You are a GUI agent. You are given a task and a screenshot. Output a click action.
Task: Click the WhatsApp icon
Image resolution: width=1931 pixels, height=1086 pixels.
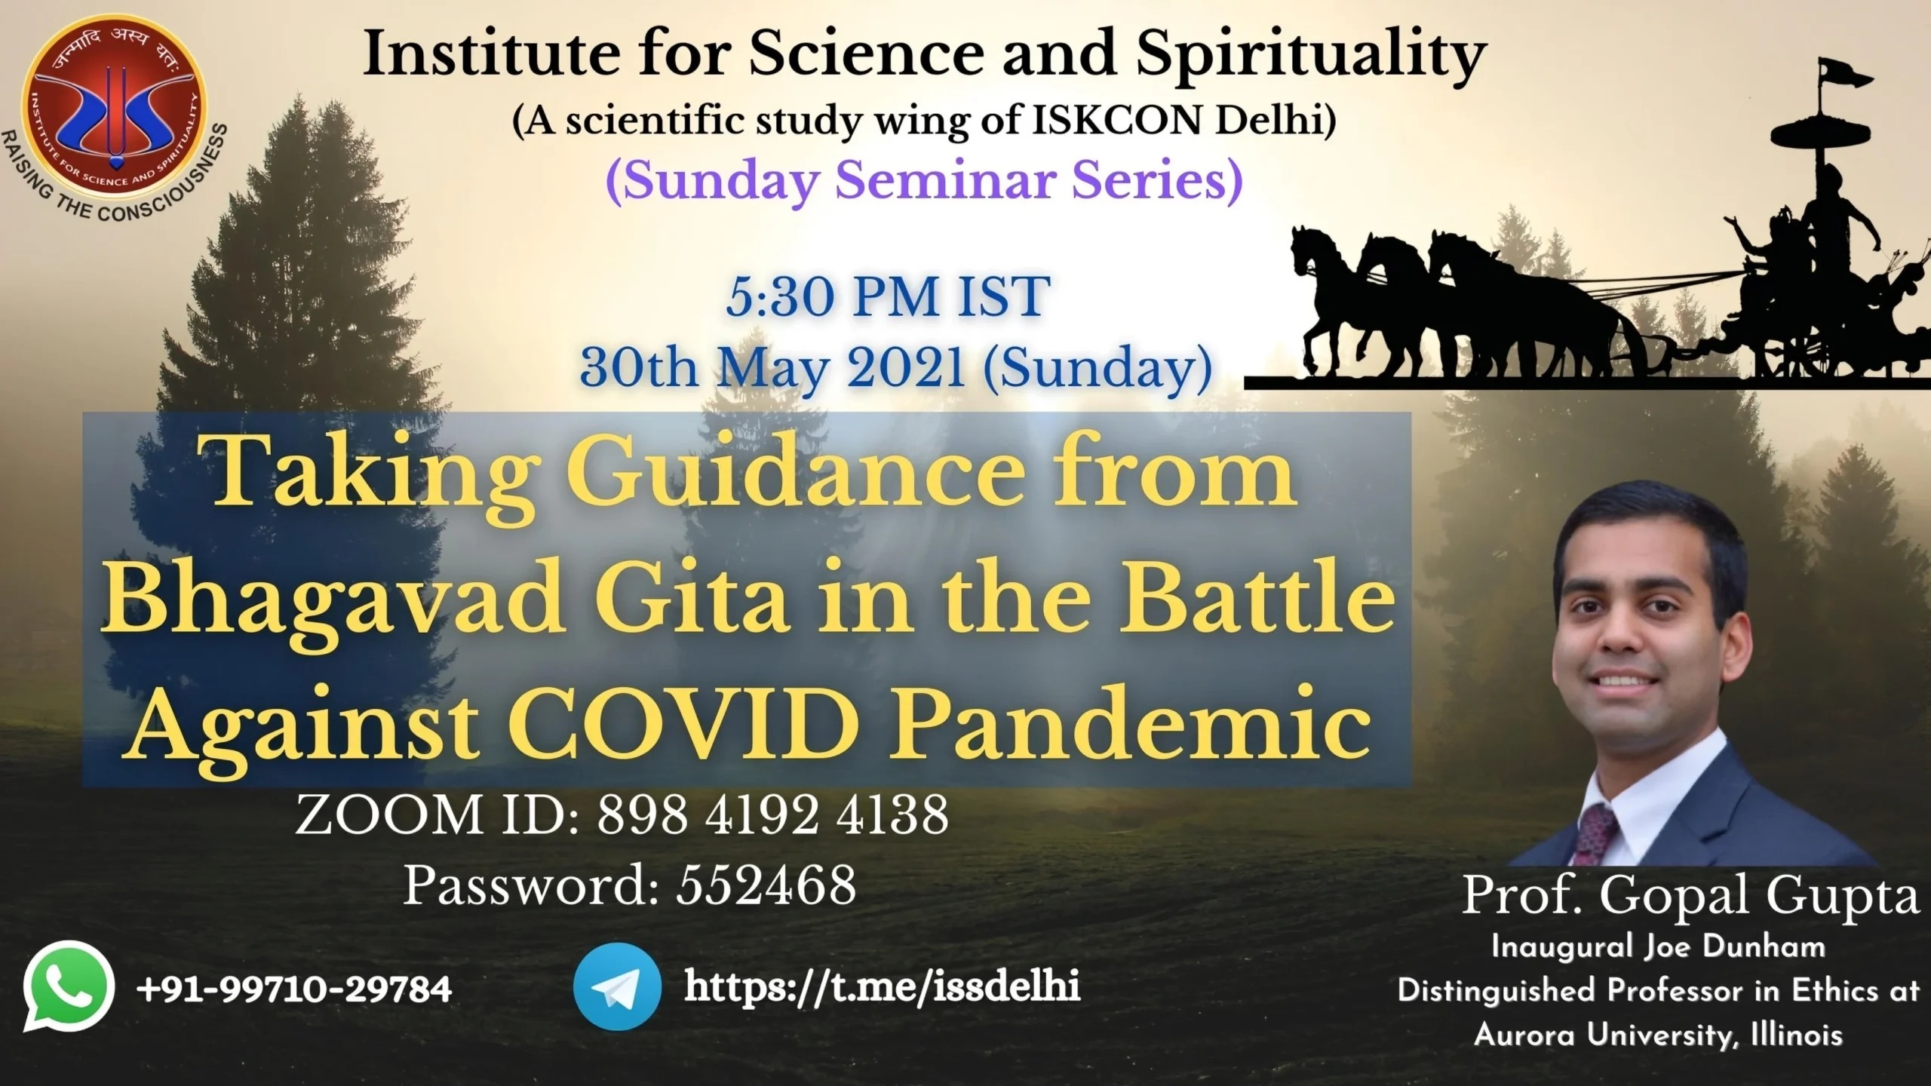click(69, 986)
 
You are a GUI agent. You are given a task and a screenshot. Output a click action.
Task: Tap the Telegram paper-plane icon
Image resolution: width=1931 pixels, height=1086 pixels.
click(617, 986)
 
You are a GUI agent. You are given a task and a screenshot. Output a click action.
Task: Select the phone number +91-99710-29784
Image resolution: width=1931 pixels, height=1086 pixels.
click(294, 989)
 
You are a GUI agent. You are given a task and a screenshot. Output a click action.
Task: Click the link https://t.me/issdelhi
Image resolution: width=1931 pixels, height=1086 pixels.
click(882, 987)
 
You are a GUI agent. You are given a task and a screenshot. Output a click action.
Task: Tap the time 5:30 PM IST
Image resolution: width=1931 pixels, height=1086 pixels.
click(888, 296)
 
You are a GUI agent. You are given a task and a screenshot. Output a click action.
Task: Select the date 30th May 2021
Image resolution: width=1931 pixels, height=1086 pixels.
click(772, 368)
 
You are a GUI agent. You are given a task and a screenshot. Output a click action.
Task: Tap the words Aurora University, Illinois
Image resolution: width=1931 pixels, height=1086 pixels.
click(1657, 1035)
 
